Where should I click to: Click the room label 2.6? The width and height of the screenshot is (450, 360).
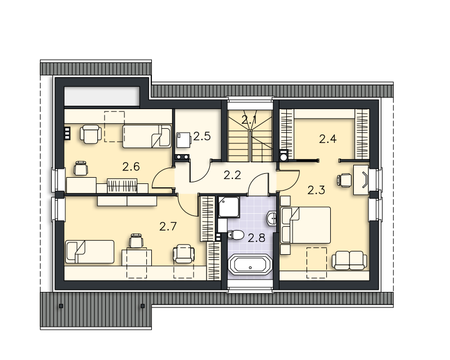(x=131, y=167)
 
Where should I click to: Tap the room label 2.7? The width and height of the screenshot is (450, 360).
(x=168, y=227)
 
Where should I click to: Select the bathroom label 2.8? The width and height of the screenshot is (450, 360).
(x=256, y=238)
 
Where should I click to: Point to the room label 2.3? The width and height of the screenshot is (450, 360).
(x=316, y=190)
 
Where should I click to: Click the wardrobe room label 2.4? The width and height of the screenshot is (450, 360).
(x=328, y=139)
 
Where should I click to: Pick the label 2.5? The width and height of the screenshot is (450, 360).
(x=202, y=136)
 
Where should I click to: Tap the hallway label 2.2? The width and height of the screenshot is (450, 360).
(x=232, y=175)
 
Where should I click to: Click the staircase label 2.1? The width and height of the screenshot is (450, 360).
(x=249, y=120)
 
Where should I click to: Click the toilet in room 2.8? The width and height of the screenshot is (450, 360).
(x=235, y=235)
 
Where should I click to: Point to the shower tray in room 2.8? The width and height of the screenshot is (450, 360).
(x=229, y=207)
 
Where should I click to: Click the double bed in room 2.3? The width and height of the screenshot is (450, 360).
(x=306, y=225)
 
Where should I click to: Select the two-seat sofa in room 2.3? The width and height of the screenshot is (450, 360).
(x=349, y=260)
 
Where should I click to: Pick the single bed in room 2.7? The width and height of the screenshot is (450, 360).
(x=90, y=252)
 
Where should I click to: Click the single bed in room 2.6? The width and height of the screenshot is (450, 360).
(x=147, y=136)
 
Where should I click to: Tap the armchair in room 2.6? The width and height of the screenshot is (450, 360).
(x=91, y=134)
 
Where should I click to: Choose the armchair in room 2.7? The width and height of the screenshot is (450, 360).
(x=184, y=254)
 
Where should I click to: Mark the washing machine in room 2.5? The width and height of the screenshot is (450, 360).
(x=184, y=140)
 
